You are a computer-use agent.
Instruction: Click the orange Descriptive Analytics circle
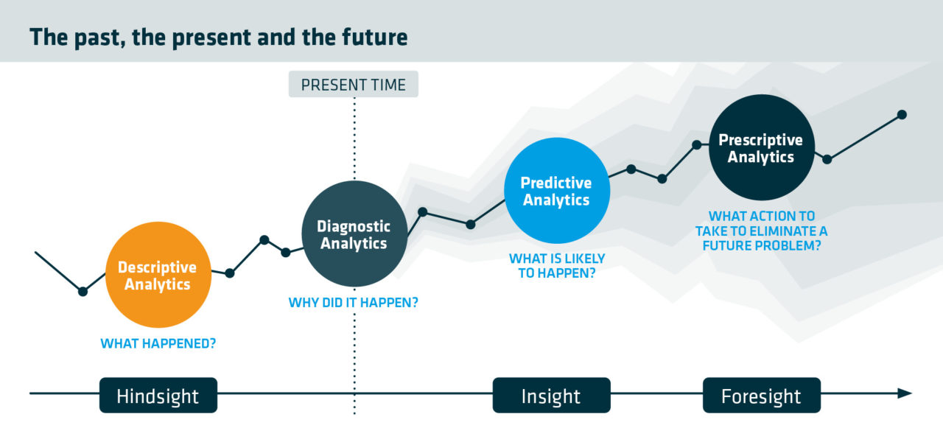(x=158, y=275)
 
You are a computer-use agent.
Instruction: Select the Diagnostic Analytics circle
(x=354, y=234)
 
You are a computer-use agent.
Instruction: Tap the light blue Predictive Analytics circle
(x=557, y=190)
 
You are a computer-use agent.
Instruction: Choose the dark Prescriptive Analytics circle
(x=762, y=147)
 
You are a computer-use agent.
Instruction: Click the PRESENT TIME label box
(x=353, y=84)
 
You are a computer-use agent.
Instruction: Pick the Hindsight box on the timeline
(x=158, y=396)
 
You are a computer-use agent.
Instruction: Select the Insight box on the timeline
(x=552, y=396)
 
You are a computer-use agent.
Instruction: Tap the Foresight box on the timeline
(x=762, y=396)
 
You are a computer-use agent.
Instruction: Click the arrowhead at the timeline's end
(x=905, y=393)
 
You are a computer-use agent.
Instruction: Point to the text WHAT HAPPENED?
(x=158, y=343)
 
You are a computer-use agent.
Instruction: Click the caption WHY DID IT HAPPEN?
(x=353, y=302)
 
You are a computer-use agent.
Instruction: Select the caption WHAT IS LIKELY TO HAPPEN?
(x=557, y=266)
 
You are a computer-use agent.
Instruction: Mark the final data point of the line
(x=902, y=114)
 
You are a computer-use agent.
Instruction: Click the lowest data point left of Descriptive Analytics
(x=83, y=291)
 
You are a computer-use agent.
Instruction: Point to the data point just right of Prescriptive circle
(x=827, y=160)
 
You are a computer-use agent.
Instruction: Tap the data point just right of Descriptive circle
(x=229, y=273)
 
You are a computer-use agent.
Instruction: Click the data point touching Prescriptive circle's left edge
(x=697, y=145)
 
